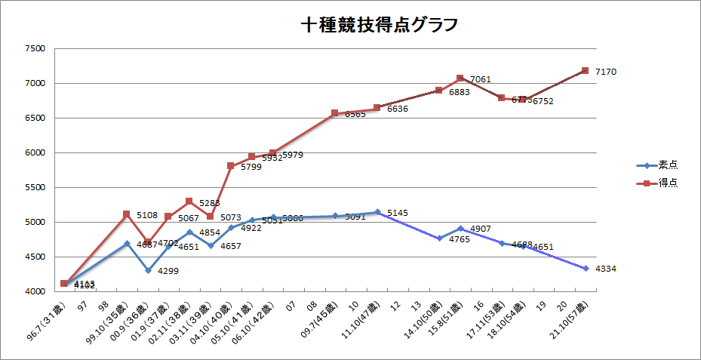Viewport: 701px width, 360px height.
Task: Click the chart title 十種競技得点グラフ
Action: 380,25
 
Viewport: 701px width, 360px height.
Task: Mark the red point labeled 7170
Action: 585,71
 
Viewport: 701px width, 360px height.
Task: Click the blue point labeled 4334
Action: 585,268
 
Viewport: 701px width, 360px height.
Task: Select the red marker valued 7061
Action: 460,78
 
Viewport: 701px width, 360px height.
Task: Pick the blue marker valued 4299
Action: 148,270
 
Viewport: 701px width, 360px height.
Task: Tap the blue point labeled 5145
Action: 377,212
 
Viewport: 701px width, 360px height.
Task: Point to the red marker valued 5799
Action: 231,166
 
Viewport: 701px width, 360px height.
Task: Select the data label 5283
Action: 210,203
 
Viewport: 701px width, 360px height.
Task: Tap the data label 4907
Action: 481,228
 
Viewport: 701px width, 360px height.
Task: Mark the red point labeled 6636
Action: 377,108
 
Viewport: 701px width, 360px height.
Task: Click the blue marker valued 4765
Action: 439,238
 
